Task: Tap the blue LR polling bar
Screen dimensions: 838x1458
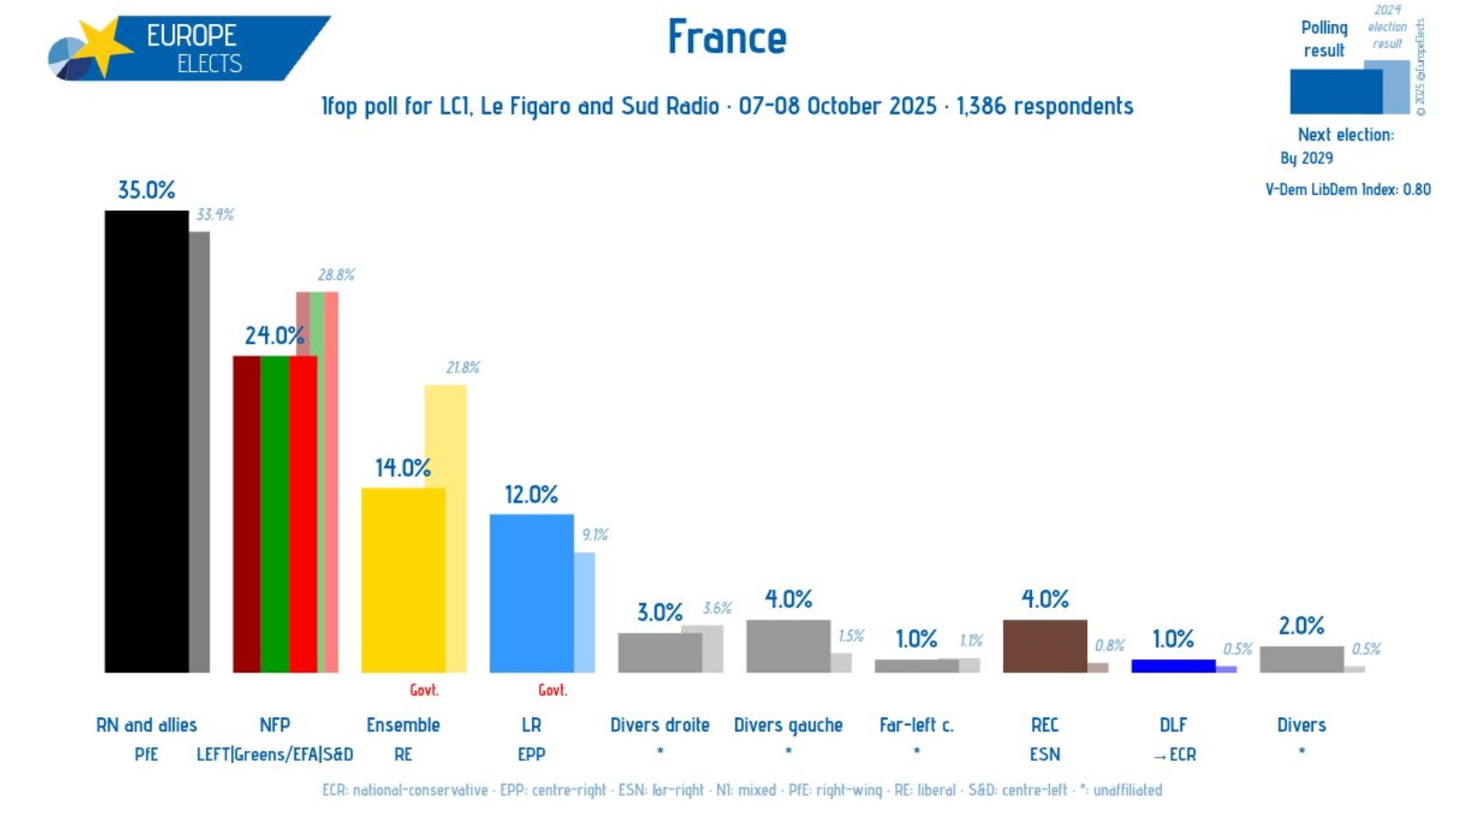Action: (531, 592)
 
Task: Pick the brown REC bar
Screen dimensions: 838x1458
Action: (1044, 646)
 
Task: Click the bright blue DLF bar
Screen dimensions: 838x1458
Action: (1172, 665)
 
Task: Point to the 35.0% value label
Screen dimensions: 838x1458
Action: (147, 190)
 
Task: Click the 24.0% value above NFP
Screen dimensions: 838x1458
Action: (274, 335)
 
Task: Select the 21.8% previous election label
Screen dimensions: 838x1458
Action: (463, 367)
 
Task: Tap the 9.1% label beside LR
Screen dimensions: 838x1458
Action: (595, 535)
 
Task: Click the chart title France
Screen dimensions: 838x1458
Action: (727, 37)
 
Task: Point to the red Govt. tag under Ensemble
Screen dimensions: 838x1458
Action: (424, 690)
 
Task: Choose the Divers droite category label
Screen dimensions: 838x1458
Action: (659, 725)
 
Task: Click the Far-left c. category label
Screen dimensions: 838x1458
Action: (916, 725)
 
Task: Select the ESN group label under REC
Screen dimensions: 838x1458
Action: (1044, 754)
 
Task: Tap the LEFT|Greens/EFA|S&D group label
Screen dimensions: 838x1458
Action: (275, 754)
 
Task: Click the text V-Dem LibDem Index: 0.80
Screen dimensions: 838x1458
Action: (1348, 189)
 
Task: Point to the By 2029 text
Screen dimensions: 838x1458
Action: (1306, 158)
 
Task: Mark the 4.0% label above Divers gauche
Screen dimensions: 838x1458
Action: (788, 600)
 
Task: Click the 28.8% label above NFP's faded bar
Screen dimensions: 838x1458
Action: (336, 275)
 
